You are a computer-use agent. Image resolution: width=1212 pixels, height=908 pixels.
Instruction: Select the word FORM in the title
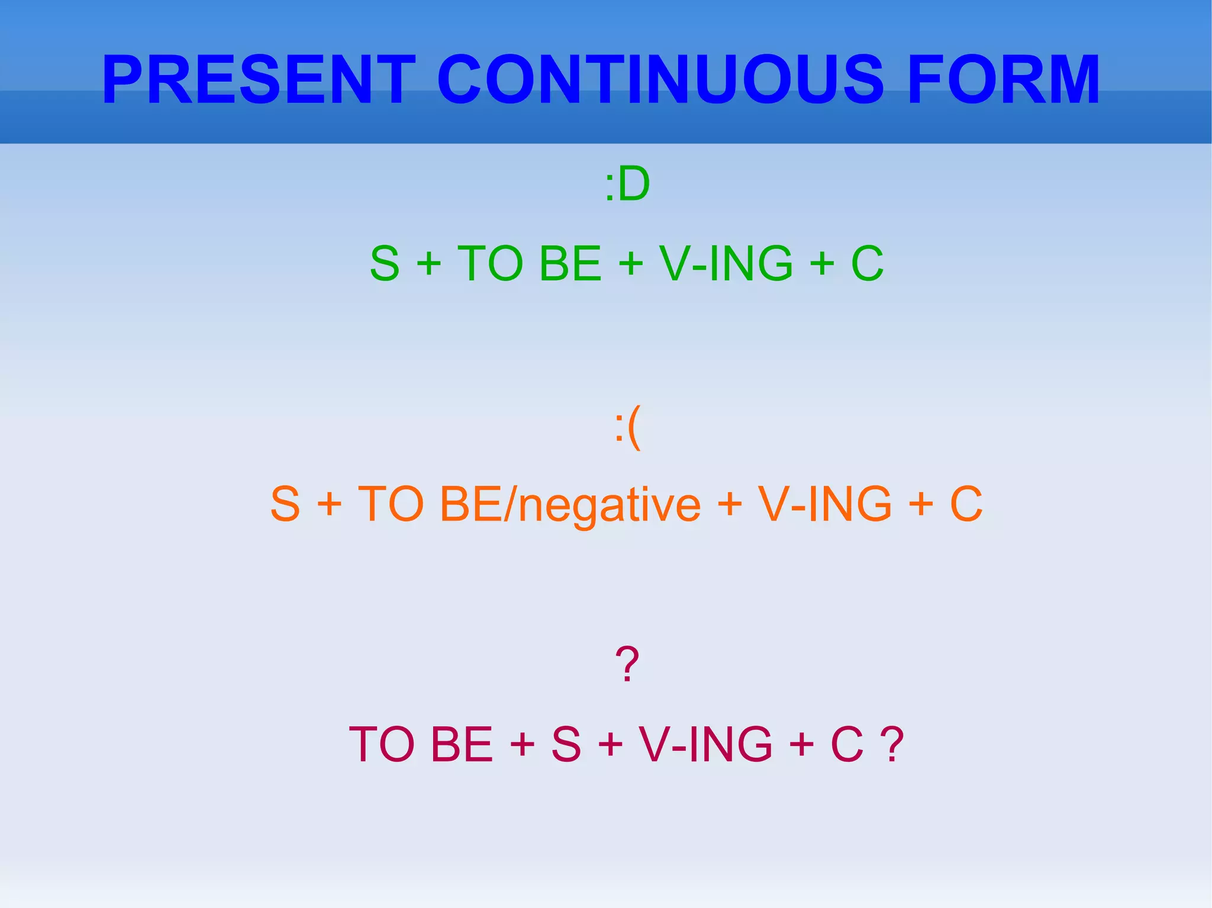tap(1003, 80)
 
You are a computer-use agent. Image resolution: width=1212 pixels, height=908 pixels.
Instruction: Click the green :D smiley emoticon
tap(627, 184)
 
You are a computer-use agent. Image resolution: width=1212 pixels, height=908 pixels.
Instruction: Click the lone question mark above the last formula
tap(627, 664)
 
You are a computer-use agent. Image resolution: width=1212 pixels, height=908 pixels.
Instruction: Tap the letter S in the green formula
tap(385, 264)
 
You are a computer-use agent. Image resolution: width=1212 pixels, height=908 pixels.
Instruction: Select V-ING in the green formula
tap(726, 264)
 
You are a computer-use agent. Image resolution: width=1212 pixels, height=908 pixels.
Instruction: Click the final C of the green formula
tap(867, 264)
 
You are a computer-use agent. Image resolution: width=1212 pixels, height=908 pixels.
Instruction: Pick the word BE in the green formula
tap(570, 264)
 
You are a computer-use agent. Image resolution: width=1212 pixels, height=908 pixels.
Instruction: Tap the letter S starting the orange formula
tap(285, 504)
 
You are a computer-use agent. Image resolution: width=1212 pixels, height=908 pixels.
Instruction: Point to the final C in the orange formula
tap(966, 504)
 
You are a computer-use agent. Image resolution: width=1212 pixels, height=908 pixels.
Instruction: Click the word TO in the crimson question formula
tap(382, 744)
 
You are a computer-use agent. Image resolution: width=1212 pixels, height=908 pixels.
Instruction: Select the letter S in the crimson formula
tap(566, 744)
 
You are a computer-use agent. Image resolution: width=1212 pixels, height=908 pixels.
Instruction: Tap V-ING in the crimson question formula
tap(705, 744)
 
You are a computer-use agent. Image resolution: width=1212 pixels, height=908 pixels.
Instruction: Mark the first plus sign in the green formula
tap(429, 264)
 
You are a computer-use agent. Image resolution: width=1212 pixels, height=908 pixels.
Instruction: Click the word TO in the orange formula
tap(391, 504)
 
